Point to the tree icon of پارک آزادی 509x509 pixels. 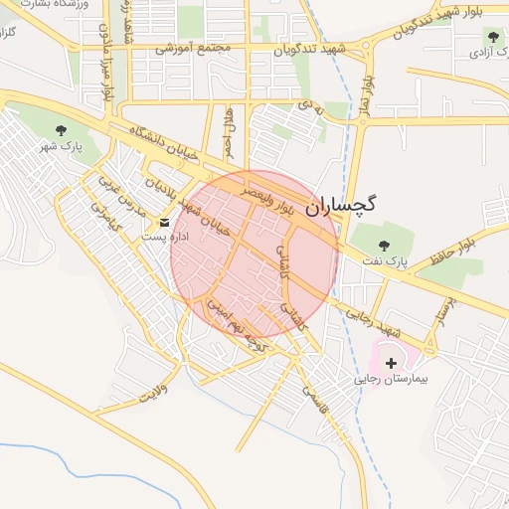pos(493,36)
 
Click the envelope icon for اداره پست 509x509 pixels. pos(165,222)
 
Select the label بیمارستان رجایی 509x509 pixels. pos(390,380)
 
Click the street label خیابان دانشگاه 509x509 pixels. pos(164,144)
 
